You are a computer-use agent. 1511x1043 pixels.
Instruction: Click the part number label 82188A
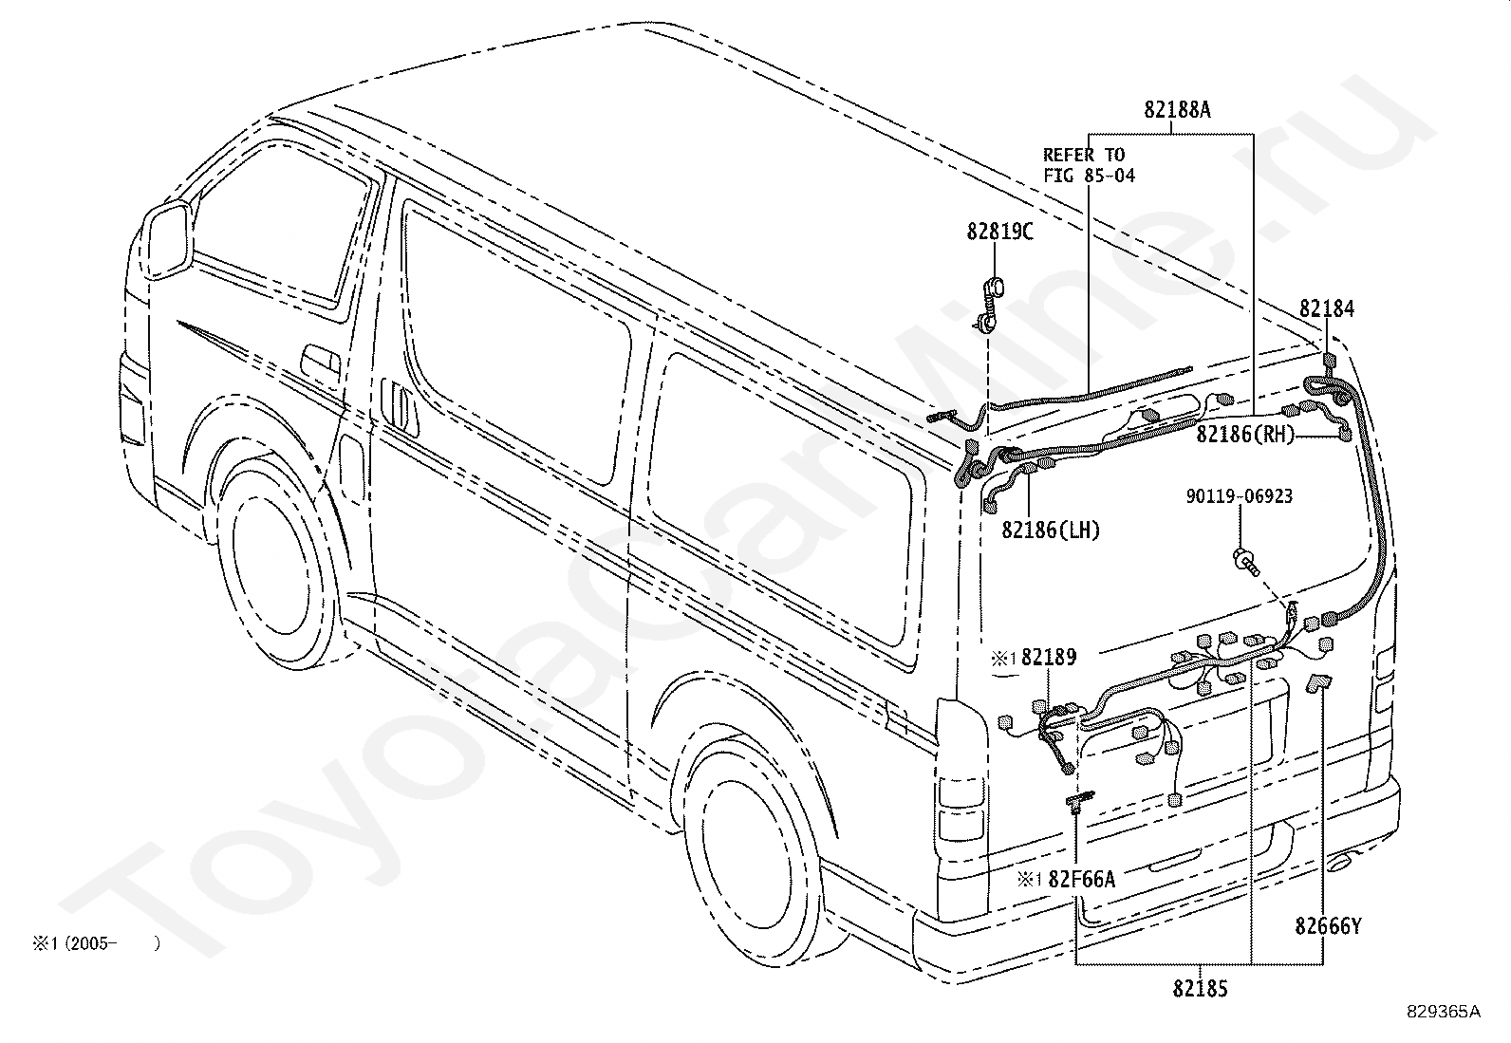point(1177,109)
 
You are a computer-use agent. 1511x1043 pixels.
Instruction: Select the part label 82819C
point(999,232)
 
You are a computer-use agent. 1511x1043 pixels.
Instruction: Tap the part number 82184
point(1326,308)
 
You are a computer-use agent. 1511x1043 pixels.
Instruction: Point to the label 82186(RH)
point(1245,434)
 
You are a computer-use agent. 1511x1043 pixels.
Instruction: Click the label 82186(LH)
point(1051,530)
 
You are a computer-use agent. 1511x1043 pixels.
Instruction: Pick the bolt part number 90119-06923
point(1240,495)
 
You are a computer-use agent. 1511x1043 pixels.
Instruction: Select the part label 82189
point(1048,657)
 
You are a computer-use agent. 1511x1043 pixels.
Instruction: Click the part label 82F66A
point(1081,879)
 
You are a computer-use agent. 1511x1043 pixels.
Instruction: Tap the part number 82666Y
point(1328,926)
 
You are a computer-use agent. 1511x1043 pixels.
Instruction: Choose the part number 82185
point(1200,988)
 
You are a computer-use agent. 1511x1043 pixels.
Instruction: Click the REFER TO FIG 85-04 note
point(1089,165)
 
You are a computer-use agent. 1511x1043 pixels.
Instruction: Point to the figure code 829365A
point(1443,1030)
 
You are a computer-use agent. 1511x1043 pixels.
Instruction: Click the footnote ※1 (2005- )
point(97,943)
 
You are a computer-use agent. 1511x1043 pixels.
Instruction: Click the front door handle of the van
point(321,360)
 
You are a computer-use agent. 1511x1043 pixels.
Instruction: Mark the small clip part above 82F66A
point(1080,800)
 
